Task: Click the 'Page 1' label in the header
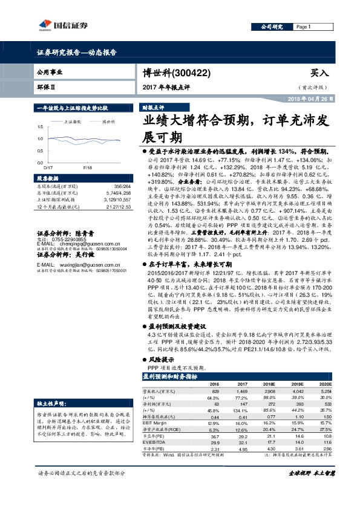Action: pyautogui.click(x=303, y=27)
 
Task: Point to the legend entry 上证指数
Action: pyautogui.click(x=74, y=121)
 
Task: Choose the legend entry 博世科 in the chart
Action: pyautogui.click(x=108, y=121)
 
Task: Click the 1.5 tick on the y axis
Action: pyautogui.click(x=40, y=127)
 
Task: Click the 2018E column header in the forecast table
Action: pyautogui.click(x=268, y=383)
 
